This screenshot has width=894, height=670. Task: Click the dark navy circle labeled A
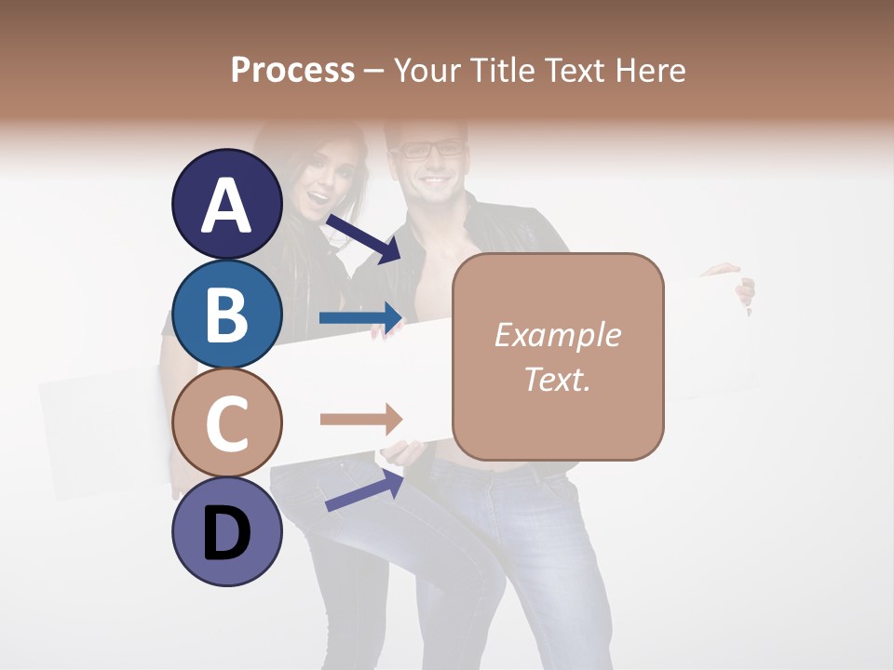227,205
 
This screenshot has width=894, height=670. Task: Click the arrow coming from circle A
362,238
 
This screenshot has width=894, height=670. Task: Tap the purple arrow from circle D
364,491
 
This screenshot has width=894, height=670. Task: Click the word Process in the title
292,70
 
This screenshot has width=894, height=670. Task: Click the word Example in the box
557,335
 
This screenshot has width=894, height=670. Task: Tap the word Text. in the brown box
557,379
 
